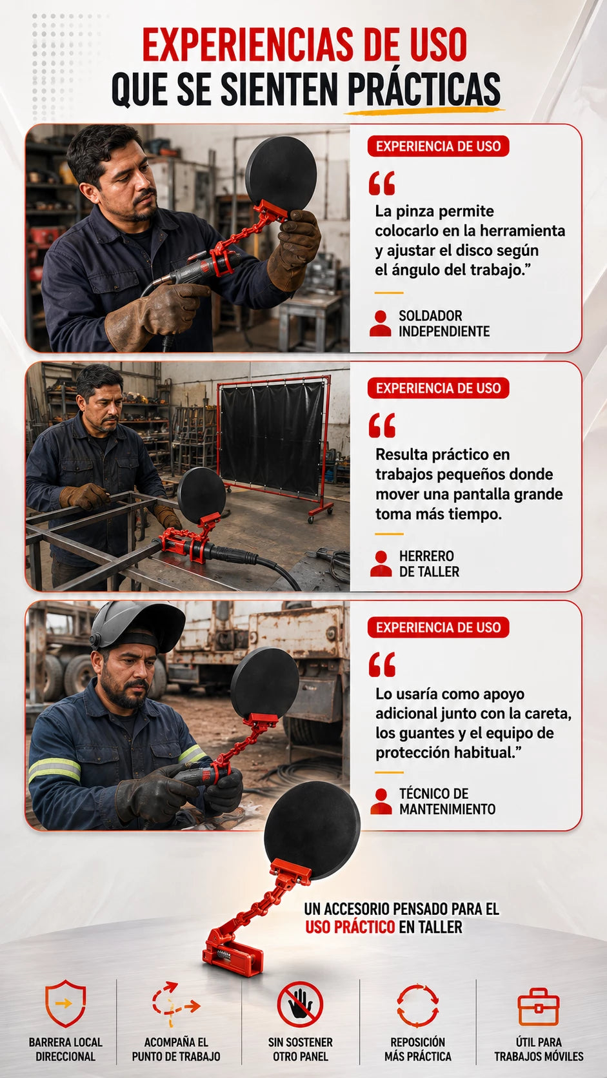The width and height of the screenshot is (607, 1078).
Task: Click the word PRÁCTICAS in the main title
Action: tap(424, 90)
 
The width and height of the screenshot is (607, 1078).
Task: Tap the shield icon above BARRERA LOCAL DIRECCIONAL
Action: tap(65, 1003)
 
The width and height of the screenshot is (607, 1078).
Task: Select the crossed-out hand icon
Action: tap(300, 1004)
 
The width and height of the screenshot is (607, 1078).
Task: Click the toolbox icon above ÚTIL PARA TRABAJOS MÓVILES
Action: tap(538, 1007)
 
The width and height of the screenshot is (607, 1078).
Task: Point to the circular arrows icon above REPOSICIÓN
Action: tap(417, 1005)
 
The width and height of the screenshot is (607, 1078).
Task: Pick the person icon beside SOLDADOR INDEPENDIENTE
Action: tap(381, 323)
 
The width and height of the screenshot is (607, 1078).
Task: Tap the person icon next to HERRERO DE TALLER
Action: tap(381, 563)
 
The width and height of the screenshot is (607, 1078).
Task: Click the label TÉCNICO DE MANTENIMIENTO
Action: tap(447, 801)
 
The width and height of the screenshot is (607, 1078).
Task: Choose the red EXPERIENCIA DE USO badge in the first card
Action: tap(438, 146)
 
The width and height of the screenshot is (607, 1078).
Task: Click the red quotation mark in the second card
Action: tap(383, 426)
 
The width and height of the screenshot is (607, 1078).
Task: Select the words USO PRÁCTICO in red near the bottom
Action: tap(350, 927)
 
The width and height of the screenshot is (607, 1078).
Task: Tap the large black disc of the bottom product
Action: tap(312, 831)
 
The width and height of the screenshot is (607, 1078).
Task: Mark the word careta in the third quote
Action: tap(551, 713)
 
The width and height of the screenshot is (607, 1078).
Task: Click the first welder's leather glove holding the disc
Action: tap(295, 250)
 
